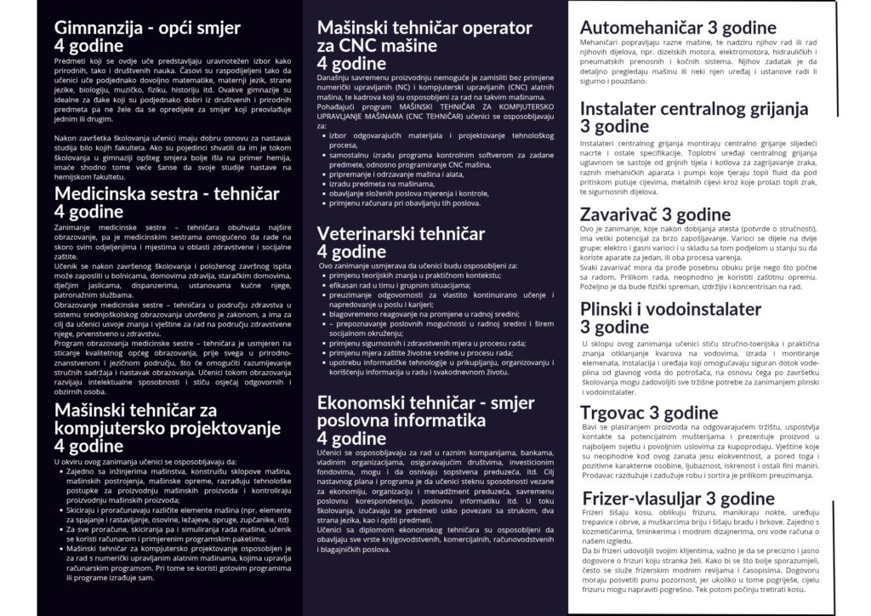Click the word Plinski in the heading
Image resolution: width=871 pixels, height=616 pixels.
(611, 310)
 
